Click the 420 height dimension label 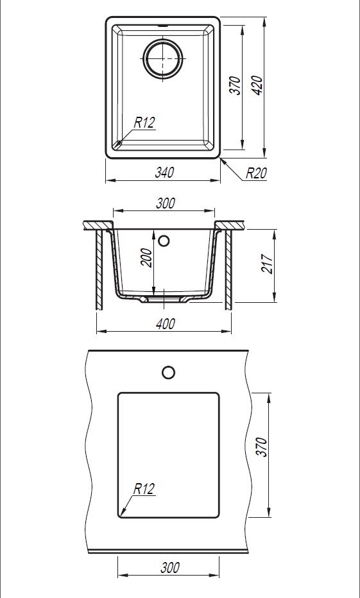point(258,85)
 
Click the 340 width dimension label point(164,173)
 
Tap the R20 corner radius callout point(256,173)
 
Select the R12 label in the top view point(144,123)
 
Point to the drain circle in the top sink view point(163,59)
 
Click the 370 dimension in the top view point(236,85)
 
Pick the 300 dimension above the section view point(166,203)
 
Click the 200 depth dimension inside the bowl point(147,258)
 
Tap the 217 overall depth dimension point(268,264)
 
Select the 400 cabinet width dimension point(165,325)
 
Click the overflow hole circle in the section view point(164,241)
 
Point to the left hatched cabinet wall point(99,269)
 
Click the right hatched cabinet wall point(228,269)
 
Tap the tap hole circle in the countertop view point(169,372)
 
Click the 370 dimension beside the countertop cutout point(262,447)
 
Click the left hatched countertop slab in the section point(98,225)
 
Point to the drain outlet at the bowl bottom point(164,300)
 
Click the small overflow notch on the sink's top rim point(163,26)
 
